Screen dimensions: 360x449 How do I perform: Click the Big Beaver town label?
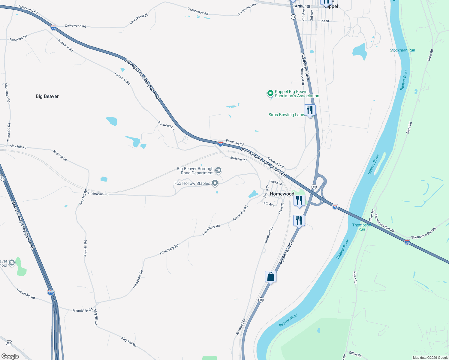click(47, 96)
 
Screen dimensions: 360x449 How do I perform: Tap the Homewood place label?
click(282, 194)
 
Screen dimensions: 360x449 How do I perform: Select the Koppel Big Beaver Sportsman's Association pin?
click(270, 93)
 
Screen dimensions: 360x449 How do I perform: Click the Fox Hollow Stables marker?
click(215, 183)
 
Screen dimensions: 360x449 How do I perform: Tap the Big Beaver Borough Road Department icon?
click(218, 171)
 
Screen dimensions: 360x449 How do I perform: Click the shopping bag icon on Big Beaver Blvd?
click(270, 277)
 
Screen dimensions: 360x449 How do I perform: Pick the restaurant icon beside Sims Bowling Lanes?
click(310, 110)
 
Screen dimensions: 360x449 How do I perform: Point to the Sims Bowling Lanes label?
click(286, 115)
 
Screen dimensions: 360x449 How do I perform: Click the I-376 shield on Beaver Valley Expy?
click(51, 292)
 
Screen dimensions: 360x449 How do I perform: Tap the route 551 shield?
click(9, 343)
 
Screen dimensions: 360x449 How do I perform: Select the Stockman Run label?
click(402, 50)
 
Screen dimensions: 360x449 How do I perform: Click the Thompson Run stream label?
click(361, 227)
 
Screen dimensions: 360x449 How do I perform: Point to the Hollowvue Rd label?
click(98, 194)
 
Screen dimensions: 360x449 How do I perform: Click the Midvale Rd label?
click(238, 159)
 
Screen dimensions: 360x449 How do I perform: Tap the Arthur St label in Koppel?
click(302, 6)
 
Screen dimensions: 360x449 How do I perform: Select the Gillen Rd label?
click(355, 354)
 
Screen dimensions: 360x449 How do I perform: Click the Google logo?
click(10, 356)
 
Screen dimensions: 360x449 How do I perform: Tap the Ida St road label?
click(325, 21)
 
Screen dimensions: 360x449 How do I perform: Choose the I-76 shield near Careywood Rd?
click(53, 28)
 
